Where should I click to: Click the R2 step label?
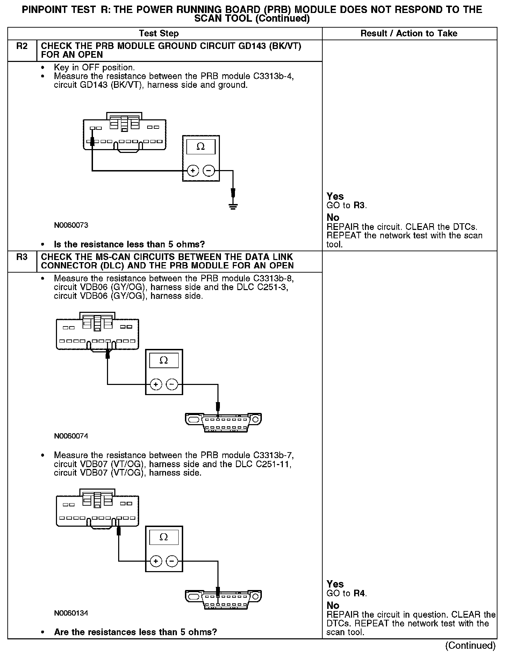click(22, 46)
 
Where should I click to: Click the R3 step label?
click(22, 257)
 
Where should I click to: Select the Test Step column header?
click(159, 34)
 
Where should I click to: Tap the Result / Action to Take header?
click(409, 34)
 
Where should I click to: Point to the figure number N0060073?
click(71, 225)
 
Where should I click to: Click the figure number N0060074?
click(71, 436)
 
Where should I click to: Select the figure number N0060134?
click(71, 613)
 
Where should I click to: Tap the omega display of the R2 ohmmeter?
click(201, 147)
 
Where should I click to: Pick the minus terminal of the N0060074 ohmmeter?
click(172, 385)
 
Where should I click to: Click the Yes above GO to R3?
click(335, 196)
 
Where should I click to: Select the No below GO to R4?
click(333, 605)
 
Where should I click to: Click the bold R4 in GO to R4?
click(359, 594)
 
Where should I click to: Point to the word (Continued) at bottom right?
click(470, 645)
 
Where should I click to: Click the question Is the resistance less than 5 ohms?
click(129, 244)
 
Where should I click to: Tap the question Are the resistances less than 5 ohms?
click(135, 632)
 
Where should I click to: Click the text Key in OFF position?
click(94, 68)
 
